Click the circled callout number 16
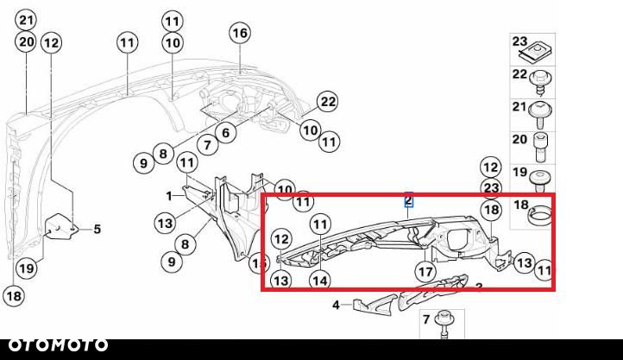point(239,33)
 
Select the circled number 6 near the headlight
point(225,132)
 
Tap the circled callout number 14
point(320,279)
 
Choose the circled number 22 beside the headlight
point(326,101)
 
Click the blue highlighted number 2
point(409,201)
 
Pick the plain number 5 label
point(98,229)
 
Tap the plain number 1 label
point(170,195)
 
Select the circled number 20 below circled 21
point(27,41)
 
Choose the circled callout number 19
point(27,268)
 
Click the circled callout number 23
point(491,187)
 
